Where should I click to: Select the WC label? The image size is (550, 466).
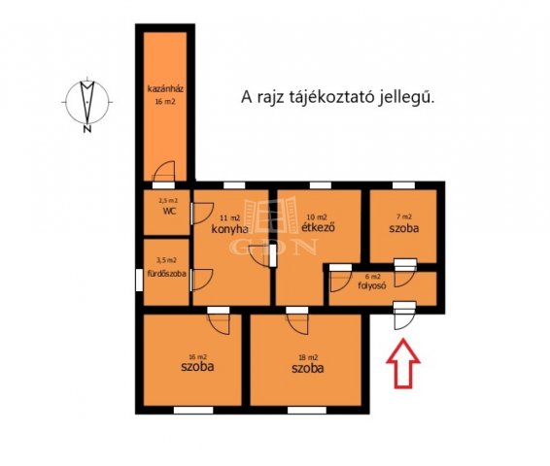(168, 210)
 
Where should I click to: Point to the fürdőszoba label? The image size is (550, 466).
(166, 274)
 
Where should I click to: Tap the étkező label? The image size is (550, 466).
(318, 229)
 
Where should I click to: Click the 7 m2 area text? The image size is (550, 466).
(402, 217)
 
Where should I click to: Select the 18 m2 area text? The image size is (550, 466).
(307, 354)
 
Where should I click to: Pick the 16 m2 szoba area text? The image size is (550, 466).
(197, 354)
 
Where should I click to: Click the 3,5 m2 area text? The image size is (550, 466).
(167, 260)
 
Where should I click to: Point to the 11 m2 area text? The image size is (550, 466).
(229, 216)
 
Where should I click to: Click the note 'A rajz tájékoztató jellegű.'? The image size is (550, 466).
(336, 97)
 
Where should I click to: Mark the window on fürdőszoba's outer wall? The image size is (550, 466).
(138, 276)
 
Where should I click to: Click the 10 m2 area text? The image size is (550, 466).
(317, 216)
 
